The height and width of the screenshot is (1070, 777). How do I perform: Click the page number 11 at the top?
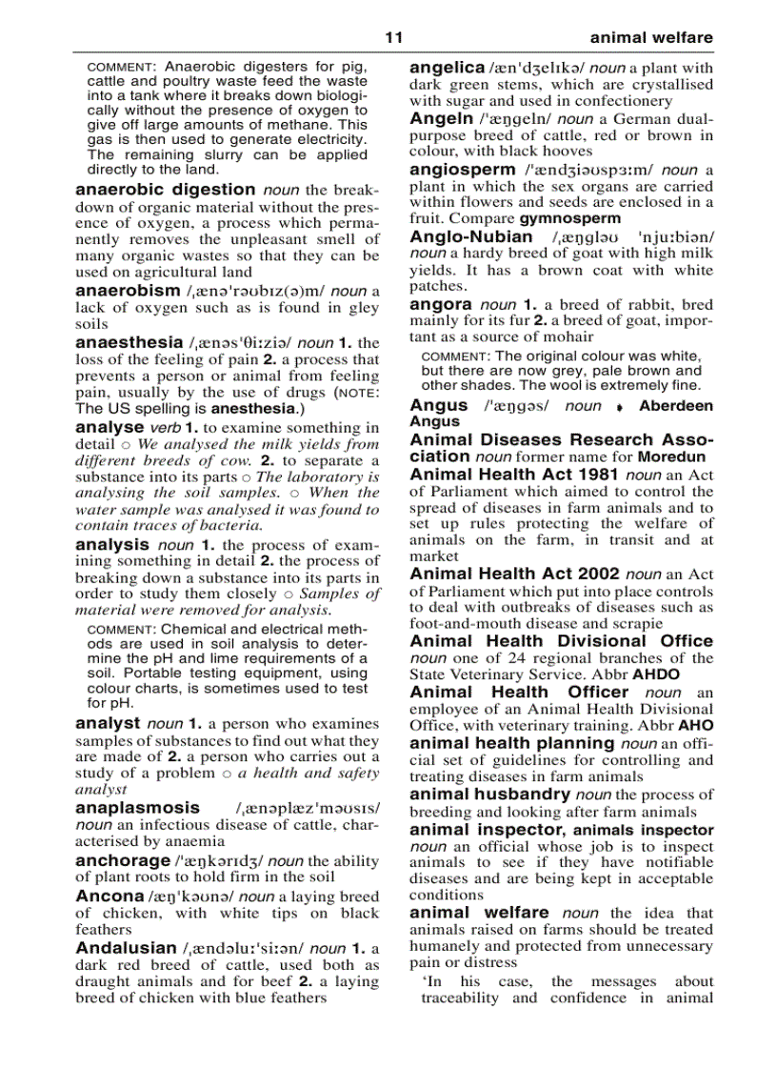(394, 38)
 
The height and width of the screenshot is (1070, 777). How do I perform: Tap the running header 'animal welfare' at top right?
(650, 38)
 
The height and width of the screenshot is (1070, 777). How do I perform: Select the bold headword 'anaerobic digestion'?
(166, 190)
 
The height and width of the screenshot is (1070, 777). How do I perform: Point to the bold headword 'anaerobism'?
(128, 291)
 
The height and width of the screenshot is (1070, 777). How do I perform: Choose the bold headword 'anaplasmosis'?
(138, 808)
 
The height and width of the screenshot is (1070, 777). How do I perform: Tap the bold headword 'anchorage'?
(122, 860)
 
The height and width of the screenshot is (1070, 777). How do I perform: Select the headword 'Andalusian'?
(126, 948)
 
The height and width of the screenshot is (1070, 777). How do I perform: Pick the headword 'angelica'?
(447, 68)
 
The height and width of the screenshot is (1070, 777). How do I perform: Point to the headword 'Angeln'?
(441, 119)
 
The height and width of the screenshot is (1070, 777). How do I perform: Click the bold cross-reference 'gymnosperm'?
(569, 219)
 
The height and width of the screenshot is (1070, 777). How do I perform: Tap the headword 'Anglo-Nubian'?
(471, 236)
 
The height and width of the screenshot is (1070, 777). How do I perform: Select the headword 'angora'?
(440, 305)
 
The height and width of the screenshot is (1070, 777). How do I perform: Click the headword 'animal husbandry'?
(489, 794)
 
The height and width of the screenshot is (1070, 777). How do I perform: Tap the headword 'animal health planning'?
(512, 743)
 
